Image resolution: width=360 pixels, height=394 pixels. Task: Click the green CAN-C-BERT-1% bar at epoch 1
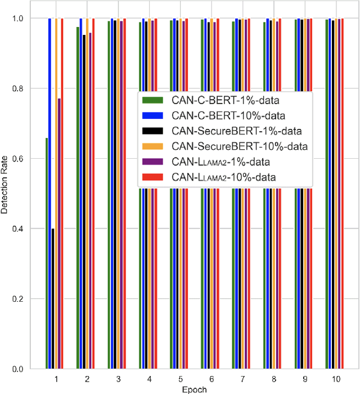coord(47,253)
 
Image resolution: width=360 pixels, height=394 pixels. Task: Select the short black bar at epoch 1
coord(53,298)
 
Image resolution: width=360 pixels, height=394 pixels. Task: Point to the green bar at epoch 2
coord(78,197)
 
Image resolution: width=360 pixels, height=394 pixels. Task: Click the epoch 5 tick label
coord(179,379)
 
